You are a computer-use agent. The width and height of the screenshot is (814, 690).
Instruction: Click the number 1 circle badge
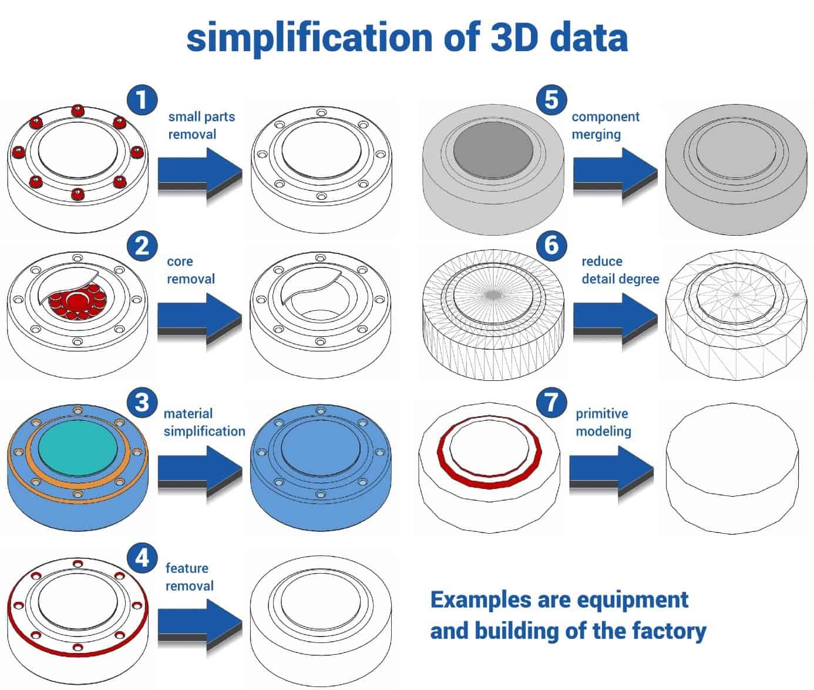click(142, 99)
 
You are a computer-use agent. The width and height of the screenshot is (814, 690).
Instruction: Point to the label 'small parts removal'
click(201, 125)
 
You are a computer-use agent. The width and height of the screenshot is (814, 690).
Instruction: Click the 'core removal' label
click(190, 270)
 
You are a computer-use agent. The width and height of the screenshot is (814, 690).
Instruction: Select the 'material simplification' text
click(204, 422)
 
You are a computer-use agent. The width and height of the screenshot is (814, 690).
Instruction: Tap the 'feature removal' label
click(189, 577)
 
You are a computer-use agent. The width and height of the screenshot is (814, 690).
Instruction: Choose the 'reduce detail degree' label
click(620, 270)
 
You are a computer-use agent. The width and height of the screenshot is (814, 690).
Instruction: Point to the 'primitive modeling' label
click(603, 422)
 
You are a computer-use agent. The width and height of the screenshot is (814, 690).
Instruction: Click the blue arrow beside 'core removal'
click(200, 317)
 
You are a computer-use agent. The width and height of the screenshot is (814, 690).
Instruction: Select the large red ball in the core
click(77, 300)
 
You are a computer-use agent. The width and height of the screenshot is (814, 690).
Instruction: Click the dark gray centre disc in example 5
click(493, 150)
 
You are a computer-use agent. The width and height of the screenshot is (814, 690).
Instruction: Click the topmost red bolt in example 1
click(76, 110)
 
